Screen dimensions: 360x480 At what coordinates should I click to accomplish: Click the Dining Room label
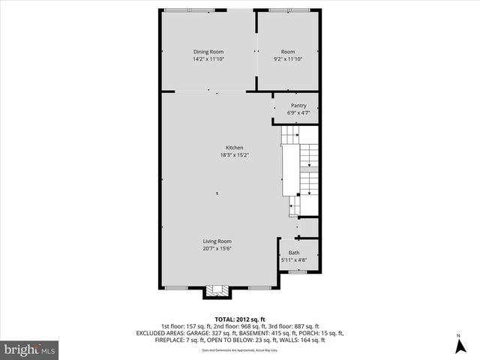coord(208,52)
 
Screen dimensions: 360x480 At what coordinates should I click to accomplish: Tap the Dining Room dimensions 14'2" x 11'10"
coord(208,58)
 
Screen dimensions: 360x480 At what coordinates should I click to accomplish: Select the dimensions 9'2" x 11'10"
coord(288,58)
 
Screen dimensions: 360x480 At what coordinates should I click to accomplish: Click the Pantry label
coord(298,106)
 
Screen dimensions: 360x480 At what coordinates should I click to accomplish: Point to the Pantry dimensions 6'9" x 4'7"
coord(298,112)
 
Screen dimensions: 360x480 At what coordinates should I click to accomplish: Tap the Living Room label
coord(217,241)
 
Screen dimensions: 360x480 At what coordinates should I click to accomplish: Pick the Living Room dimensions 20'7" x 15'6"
coord(217,248)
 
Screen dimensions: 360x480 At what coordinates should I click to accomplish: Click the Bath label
coord(295,253)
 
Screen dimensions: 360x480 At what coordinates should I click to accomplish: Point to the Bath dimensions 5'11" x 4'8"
coord(295,260)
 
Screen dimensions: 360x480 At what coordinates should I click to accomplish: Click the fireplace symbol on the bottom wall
coord(218,292)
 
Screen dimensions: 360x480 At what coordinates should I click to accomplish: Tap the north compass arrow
coord(458,345)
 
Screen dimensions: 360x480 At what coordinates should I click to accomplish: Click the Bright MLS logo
coord(30,349)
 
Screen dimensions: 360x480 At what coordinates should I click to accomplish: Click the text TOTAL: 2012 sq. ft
coord(239,318)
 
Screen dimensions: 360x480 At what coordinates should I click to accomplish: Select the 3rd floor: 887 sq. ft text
coord(303,325)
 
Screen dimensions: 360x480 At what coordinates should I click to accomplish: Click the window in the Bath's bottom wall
coord(298,272)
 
